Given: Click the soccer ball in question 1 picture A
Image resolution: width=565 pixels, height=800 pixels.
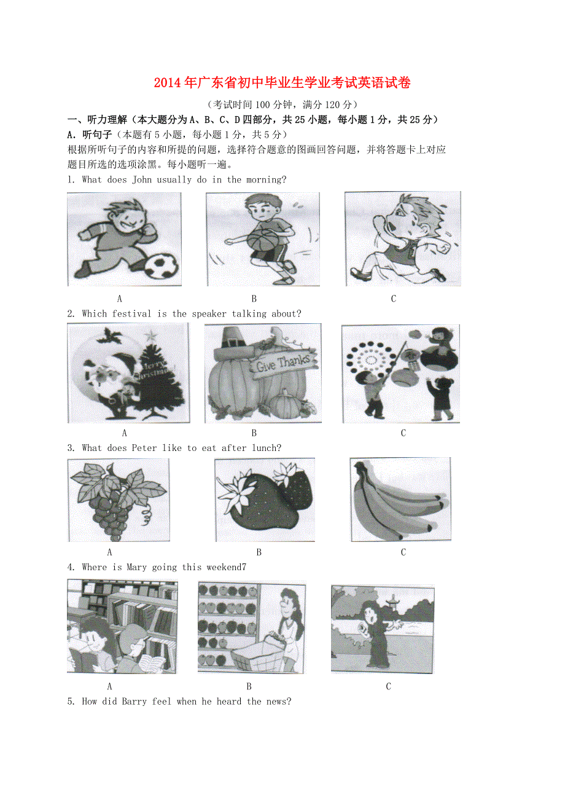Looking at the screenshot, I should tap(162, 267).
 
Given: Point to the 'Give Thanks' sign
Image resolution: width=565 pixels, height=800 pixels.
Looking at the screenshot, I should tap(283, 364).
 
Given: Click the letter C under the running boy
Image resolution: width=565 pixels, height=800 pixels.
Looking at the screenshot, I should tap(394, 299).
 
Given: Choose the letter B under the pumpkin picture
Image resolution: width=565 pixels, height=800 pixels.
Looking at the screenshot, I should tap(254, 433).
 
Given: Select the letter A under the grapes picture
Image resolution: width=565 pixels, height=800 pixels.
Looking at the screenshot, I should tap(109, 552).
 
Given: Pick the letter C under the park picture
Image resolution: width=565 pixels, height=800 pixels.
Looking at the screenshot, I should tap(388, 686).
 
